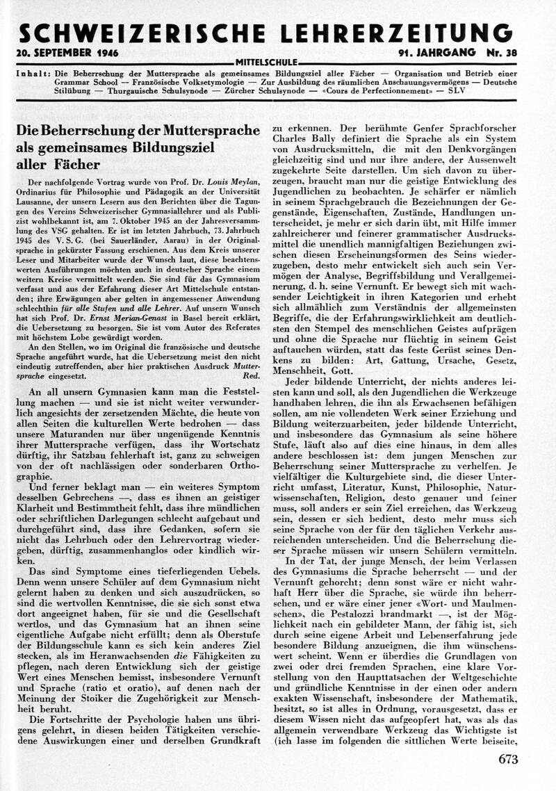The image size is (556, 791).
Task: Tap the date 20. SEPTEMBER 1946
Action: tap(67, 54)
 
